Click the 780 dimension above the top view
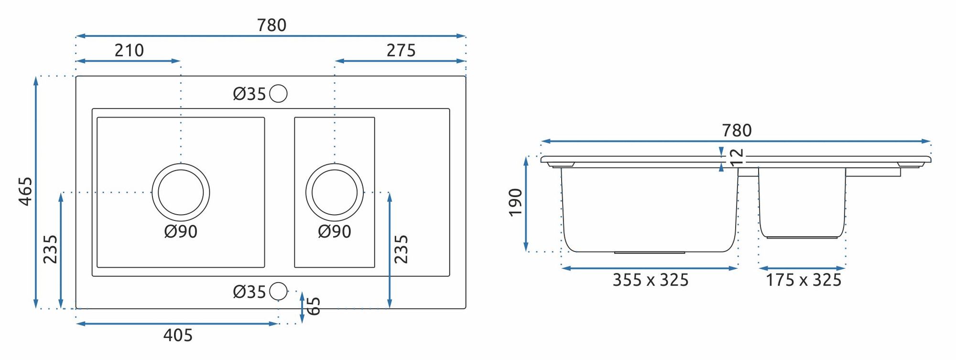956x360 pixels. tap(272, 25)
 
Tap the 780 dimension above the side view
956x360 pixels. tap(737, 130)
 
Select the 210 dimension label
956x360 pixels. tap(129, 50)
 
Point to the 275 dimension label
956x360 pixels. tap(401, 50)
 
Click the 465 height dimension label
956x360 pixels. tap(25, 192)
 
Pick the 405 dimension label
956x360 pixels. tap(178, 335)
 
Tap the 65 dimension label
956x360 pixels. tap(313, 306)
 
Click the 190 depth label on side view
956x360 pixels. tap(515, 202)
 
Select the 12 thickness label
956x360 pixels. tap(737, 157)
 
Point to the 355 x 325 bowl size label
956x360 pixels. tap(651, 280)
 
